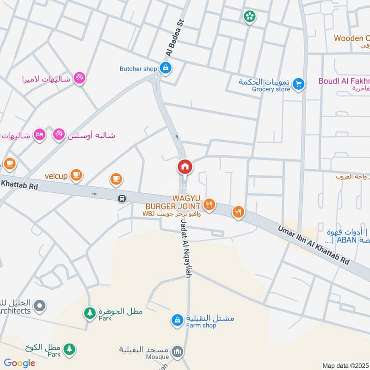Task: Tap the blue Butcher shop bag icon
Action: coord(166,68)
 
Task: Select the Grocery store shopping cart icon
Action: coord(299,84)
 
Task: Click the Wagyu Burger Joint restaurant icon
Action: coord(210,204)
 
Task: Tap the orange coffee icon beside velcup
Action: coord(76,175)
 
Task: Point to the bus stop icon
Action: coord(122,198)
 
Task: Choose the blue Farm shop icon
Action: coord(177,320)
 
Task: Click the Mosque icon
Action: coord(177,352)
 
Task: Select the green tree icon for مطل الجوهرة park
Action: coord(89,313)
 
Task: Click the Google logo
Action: coord(19,363)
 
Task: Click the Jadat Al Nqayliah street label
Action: coord(185,248)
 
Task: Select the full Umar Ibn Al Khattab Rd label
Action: coord(314,245)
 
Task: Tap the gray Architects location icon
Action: coord(40,305)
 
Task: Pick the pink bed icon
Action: coord(40,135)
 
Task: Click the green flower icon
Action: coord(250,17)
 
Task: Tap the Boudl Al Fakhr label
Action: coord(344,81)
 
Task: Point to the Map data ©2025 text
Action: coord(344,365)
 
